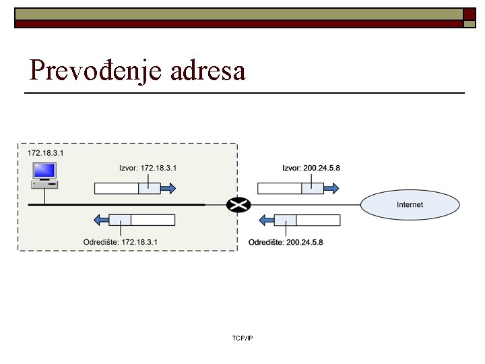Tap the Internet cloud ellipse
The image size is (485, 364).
tap(410, 204)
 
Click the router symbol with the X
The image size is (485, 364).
tap(237, 204)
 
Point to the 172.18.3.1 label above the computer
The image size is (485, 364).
tap(45, 154)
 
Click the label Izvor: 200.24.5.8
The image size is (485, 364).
tap(311, 168)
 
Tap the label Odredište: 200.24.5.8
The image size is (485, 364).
tap(286, 241)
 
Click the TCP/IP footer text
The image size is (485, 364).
tap(242, 338)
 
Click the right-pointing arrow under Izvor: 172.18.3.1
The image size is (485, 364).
tap(168, 189)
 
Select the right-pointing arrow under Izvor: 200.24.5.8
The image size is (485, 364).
tap(331, 189)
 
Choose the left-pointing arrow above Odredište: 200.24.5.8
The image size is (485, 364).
tap(266, 220)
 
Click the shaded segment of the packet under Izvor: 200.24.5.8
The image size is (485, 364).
tap(313, 189)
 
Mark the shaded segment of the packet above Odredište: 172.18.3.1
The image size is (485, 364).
tap(120, 220)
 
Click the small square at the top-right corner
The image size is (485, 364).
tap(470, 24)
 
